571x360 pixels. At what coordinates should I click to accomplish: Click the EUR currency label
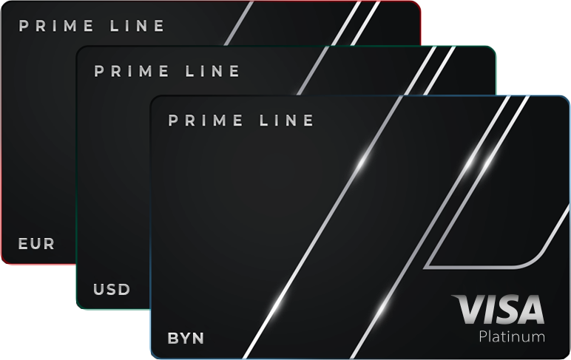36,243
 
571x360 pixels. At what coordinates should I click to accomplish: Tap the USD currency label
112,289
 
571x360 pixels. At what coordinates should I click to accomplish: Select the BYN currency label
186,339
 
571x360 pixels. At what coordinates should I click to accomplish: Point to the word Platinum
512,337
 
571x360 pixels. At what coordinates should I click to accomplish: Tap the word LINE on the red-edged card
138,27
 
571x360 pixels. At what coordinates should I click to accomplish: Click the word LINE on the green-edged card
214,72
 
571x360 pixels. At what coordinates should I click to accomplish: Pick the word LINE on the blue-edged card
288,120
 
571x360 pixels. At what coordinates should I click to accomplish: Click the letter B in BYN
173,339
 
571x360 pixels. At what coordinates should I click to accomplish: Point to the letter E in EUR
24,243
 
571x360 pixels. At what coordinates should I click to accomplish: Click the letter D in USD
124,289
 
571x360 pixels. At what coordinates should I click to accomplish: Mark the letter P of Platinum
484,337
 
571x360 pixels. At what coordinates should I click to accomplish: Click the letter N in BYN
197,339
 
